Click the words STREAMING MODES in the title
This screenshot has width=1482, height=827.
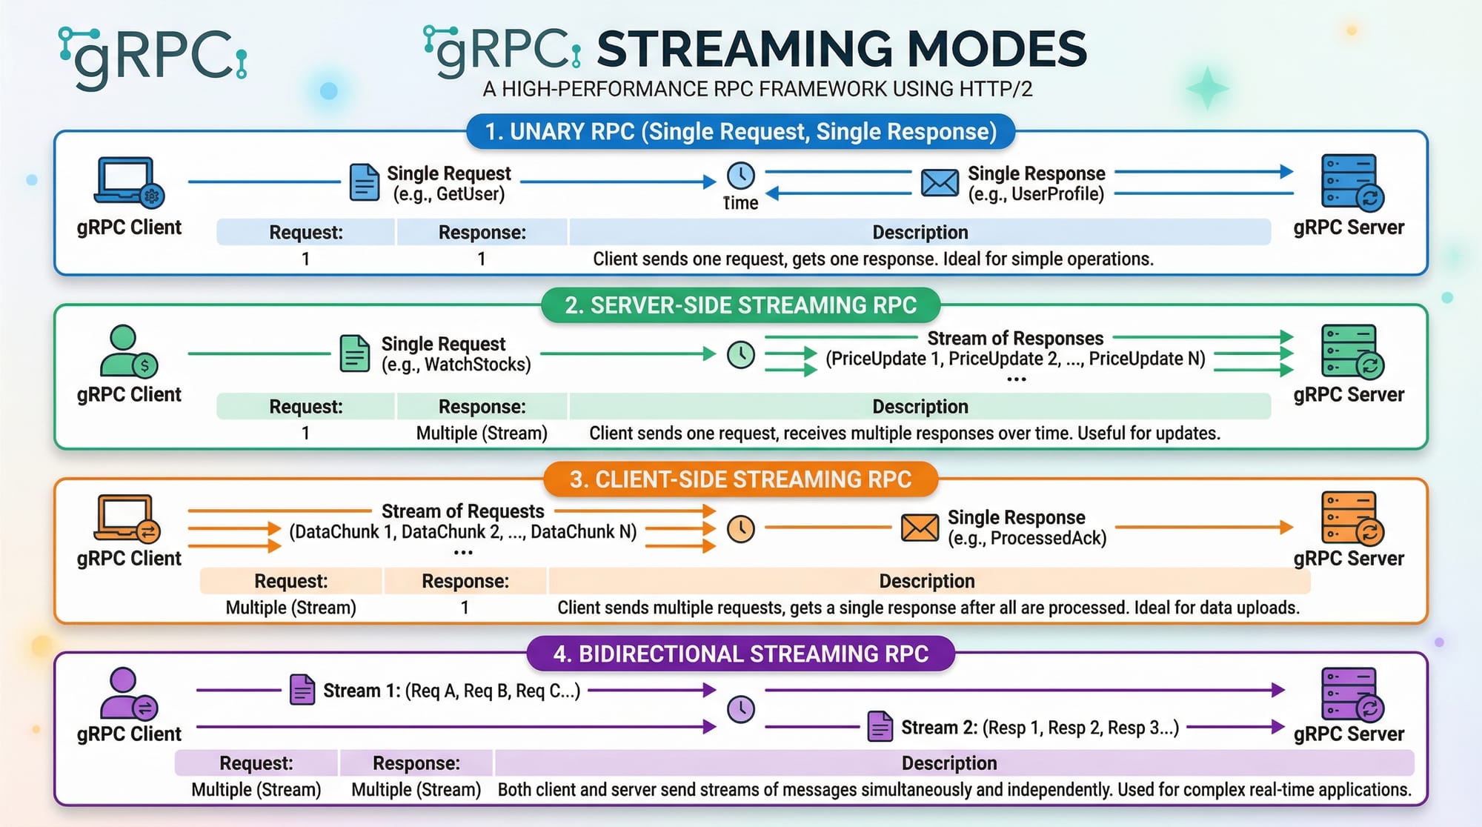tap(841, 49)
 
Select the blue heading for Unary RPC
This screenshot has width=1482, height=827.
tap(740, 132)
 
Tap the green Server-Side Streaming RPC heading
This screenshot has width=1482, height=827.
tap(740, 305)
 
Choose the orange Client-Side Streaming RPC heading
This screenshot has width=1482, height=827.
tap(740, 479)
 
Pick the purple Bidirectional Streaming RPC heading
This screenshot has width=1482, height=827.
tap(740, 654)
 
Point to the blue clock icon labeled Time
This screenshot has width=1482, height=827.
tap(740, 176)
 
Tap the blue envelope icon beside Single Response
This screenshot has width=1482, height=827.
tap(939, 182)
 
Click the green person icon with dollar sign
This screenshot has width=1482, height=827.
tap(128, 351)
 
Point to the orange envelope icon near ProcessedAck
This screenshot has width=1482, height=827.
tap(919, 528)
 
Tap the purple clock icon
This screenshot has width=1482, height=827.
tap(740, 709)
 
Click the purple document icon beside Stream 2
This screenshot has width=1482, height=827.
tap(880, 726)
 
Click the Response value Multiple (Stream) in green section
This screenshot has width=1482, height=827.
tap(482, 434)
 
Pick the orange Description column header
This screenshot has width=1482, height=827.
tap(926, 581)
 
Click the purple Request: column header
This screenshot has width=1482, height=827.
tap(256, 763)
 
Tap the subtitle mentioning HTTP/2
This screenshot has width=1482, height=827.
tap(757, 89)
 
